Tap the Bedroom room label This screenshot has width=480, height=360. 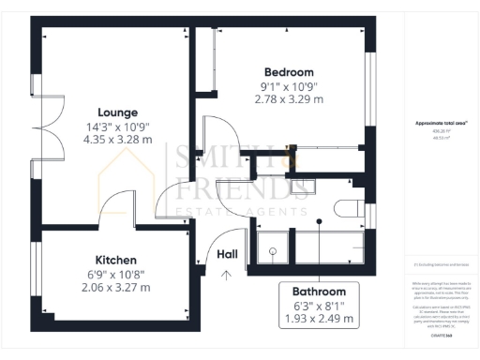click(x=288, y=72)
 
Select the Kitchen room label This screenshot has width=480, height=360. click(x=115, y=260)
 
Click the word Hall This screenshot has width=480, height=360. click(x=228, y=253)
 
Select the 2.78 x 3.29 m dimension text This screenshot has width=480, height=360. click(x=292, y=99)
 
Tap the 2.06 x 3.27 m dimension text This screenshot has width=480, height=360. click(x=115, y=287)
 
